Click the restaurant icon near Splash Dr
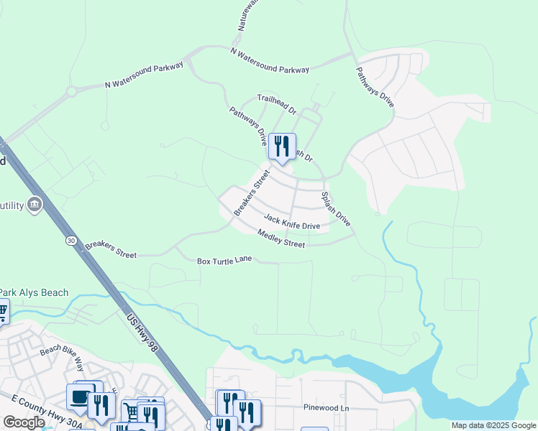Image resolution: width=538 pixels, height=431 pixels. click(282, 146)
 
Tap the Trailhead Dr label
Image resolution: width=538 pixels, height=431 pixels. click(277, 104)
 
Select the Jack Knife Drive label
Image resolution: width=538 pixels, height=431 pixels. click(291, 221)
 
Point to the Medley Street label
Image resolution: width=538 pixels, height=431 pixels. click(281, 238)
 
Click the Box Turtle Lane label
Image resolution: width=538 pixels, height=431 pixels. click(224, 260)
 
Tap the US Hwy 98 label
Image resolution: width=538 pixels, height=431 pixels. click(141, 330)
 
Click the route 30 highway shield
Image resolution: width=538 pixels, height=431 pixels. click(70, 241)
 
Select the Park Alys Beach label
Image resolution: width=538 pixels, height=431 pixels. click(34, 292)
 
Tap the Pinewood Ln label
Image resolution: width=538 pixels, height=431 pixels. click(325, 407)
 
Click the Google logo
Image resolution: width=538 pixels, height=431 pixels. click(24, 422)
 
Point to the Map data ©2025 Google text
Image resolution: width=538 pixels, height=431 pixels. click(493, 425)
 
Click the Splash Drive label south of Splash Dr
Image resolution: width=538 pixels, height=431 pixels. click(336, 209)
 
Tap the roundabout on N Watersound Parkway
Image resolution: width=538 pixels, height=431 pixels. click(71, 91)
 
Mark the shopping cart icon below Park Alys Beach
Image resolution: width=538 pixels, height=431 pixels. click(2, 312)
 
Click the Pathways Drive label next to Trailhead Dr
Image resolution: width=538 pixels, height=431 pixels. click(248, 126)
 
